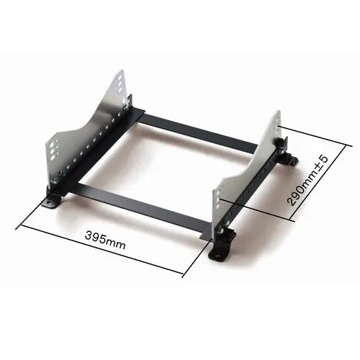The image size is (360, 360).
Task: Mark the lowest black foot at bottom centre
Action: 215,253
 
